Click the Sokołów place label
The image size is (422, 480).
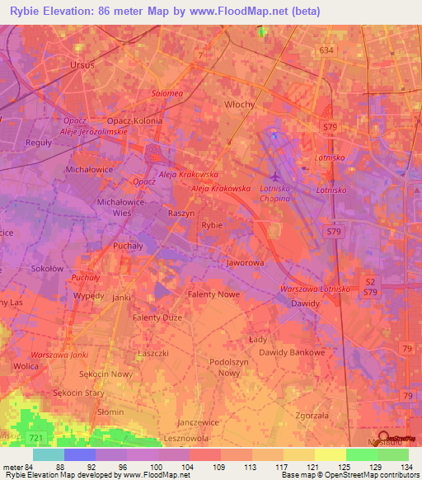(47, 268)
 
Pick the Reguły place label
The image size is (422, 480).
(39, 143)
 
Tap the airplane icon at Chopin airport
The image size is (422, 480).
(275, 175)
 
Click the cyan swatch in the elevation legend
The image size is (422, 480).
(49, 454)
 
